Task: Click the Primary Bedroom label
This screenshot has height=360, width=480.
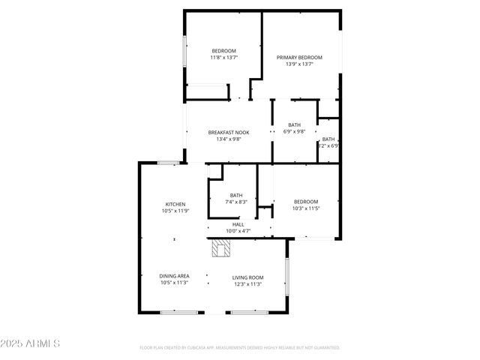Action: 299,58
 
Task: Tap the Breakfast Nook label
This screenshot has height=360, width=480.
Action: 228,132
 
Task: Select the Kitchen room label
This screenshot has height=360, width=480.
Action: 175,204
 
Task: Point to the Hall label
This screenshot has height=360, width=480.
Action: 238,224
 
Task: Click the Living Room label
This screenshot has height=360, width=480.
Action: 247,277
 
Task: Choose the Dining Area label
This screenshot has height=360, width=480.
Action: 174,277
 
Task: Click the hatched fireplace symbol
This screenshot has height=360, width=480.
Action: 220,248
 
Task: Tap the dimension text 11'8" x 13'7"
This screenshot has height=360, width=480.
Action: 223,58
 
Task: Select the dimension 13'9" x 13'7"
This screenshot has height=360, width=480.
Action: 299,64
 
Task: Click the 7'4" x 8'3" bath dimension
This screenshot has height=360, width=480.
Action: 236,202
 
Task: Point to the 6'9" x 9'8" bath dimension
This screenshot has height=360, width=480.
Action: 294,131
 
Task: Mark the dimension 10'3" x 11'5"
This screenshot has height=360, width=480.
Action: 306,208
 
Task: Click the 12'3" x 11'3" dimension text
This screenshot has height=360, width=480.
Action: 247,283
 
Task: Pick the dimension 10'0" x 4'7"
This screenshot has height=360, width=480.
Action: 238,231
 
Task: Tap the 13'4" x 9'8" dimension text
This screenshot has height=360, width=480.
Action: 228,139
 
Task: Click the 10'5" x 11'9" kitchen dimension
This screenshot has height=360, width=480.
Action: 175,211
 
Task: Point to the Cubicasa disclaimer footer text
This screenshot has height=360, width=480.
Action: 240,348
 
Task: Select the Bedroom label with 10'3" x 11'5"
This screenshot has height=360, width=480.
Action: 306,201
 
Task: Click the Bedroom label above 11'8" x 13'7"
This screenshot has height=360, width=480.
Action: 223,51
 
